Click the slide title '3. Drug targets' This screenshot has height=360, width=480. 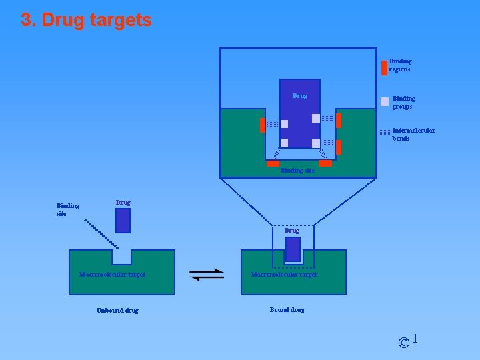pos(86,20)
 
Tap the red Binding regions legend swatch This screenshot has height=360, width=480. pos(384,67)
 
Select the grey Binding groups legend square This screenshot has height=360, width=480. pos(384,102)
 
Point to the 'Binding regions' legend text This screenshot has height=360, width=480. pos(400,65)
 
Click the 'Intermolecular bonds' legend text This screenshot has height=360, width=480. pos(413,134)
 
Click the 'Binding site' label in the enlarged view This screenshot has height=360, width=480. pos(297,171)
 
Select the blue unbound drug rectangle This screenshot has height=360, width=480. pos(123,221)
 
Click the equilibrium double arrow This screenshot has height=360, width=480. pos(207,274)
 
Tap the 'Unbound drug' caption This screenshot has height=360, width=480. pos(117,310)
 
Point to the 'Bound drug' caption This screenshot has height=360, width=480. pos(287,309)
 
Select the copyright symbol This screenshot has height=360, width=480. pos(403,343)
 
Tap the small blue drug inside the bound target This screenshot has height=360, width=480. pos(293,249)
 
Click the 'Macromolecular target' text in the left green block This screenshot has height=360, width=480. pos(112,274)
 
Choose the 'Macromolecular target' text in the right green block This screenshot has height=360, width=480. pos(284,274)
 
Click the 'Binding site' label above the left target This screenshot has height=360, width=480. pos(67,209)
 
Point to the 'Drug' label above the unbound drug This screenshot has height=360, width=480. pos(123,202)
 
